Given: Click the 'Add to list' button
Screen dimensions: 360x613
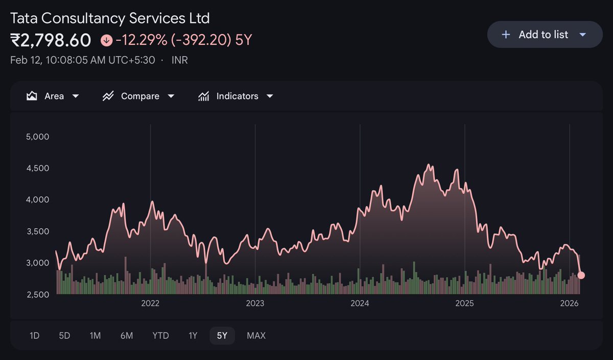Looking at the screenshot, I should (x=544, y=35).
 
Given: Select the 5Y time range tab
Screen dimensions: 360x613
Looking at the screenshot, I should (x=222, y=335).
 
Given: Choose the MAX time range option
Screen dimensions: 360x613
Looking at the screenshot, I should (x=256, y=335).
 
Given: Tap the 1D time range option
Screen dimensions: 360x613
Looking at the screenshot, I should (x=34, y=335).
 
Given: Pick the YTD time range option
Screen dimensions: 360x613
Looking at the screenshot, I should (x=160, y=335).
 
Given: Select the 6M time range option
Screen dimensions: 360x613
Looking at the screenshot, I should (x=127, y=335).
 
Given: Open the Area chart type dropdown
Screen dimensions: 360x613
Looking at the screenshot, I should (x=53, y=96).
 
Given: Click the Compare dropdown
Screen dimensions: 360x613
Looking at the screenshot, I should (x=138, y=96).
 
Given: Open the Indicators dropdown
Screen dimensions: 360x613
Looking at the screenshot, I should (x=235, y=96).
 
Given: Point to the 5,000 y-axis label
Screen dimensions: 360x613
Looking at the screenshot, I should (x=37, y=136).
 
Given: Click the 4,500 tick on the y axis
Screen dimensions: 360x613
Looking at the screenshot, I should (x=37, y=168).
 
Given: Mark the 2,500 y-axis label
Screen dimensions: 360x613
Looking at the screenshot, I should (x=37, y=294).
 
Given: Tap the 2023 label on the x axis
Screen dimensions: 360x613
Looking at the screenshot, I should (x=255, y=303).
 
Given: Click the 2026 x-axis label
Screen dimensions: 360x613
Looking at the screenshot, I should (x=569, y=303).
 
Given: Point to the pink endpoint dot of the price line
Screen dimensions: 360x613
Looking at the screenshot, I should (x=581, y=275).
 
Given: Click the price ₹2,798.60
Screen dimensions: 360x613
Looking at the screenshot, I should (x=51, y=40).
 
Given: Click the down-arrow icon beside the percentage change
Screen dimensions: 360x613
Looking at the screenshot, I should (x=106, y=40).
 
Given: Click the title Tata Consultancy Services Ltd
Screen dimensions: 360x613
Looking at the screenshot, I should (x=110, y=18).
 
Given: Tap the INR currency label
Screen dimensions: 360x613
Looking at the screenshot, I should (x=179, y=60).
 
